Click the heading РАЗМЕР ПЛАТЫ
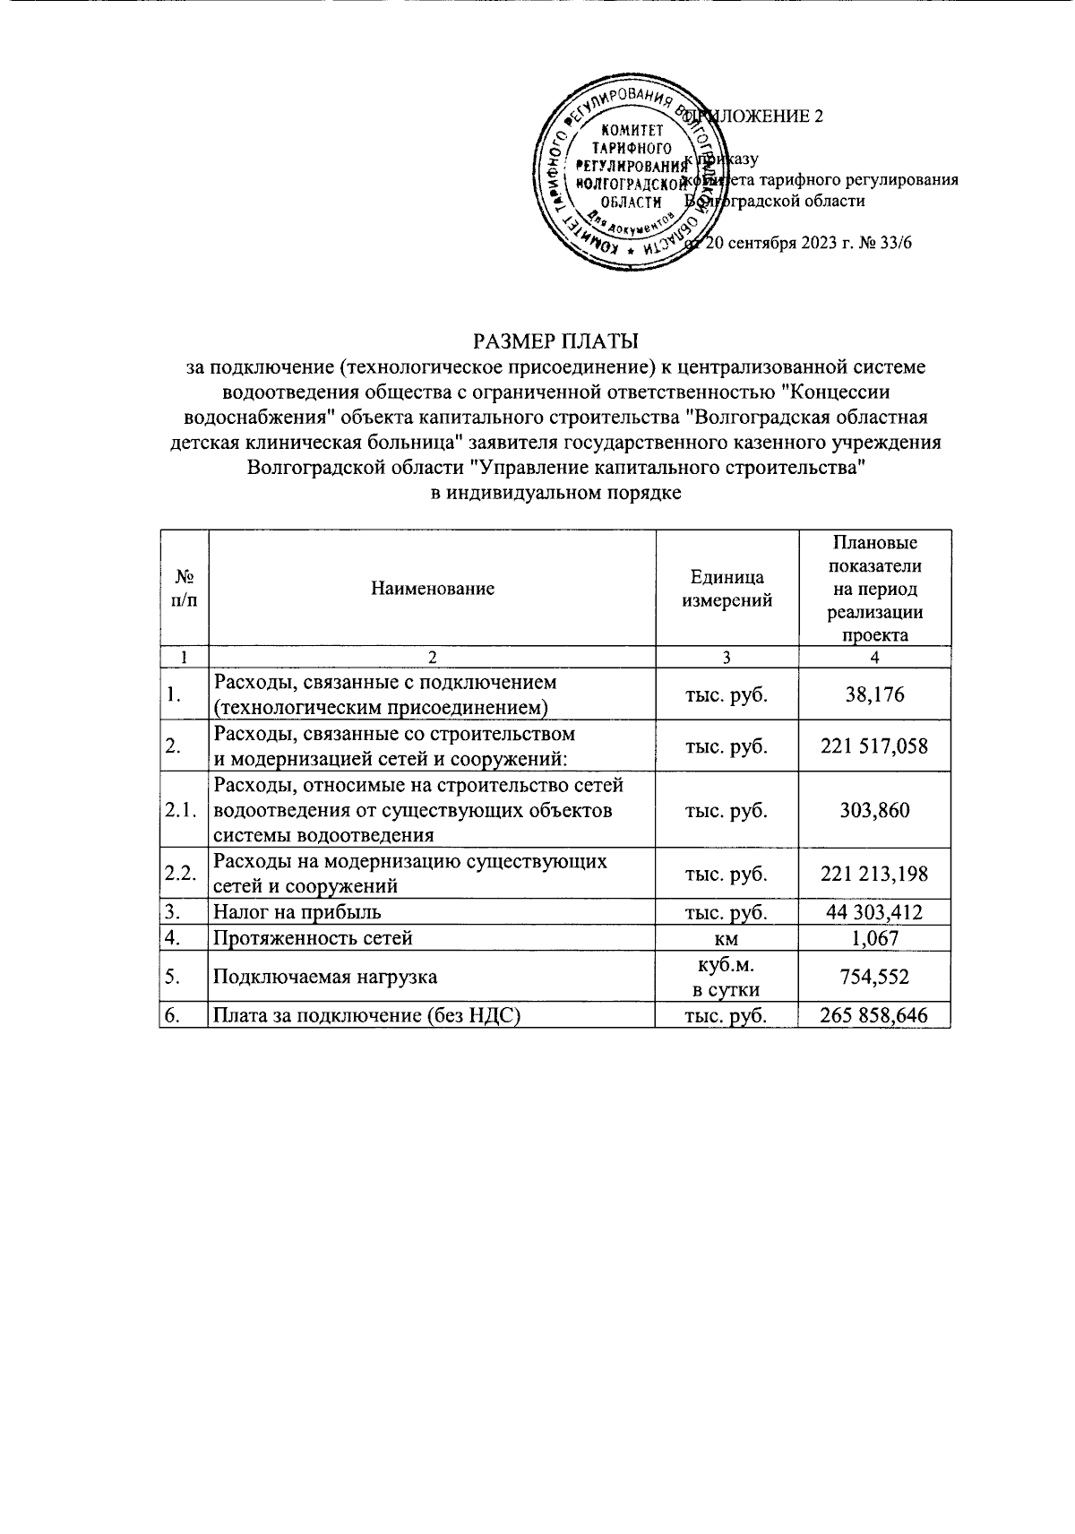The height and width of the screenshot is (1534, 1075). (555, 341)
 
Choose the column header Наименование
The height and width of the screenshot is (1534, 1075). (432, 589)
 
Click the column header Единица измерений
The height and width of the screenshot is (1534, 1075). (727, 589)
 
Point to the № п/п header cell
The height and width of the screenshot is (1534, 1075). (184, 589)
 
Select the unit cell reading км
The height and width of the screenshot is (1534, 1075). (727, 938)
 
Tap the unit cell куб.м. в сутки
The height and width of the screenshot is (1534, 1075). (727, 977)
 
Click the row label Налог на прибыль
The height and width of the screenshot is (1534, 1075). (297, 912)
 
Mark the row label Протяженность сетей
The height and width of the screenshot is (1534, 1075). (313, 938)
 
